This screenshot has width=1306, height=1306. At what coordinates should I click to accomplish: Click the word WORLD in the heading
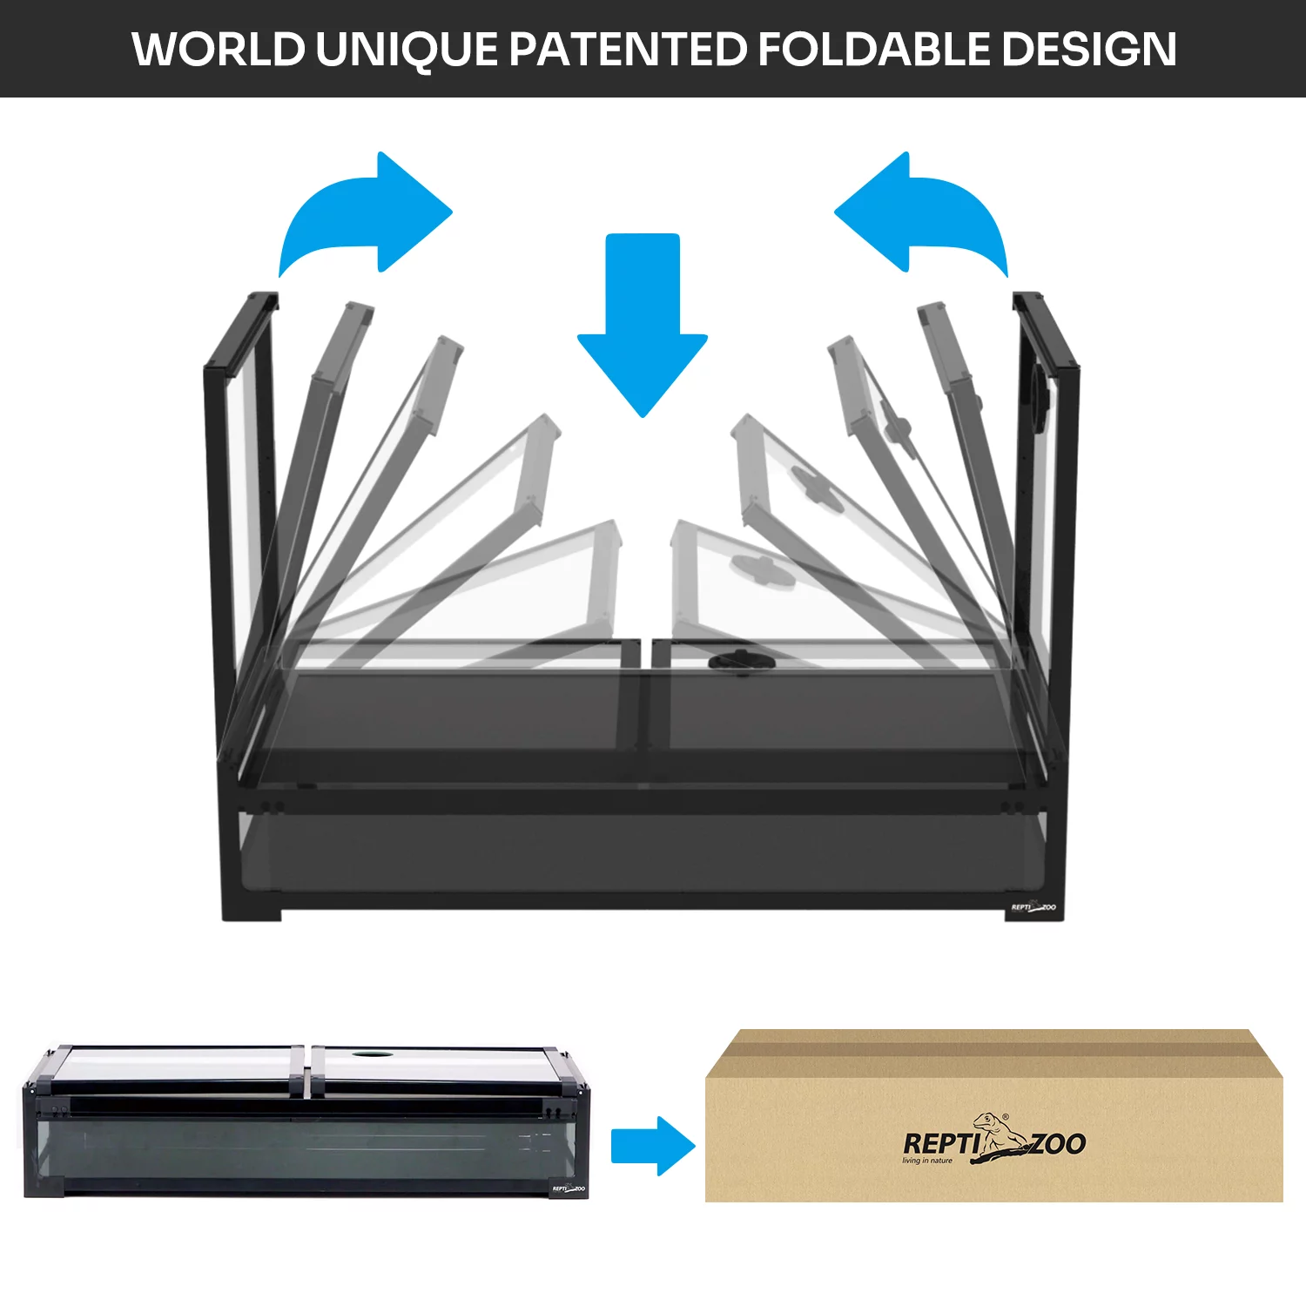(218, 49)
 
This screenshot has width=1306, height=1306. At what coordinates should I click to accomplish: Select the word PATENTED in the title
(627, 49)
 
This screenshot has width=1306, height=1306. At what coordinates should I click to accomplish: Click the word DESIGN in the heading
(1088, 49)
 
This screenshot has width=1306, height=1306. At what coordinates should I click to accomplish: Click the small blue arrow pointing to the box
(651, 1146)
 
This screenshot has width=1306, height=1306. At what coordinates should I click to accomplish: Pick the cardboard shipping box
(993, 1123)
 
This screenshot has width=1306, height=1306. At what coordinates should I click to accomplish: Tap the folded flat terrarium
(305, 1123)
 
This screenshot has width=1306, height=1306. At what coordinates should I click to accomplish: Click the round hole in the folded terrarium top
(373, 1054)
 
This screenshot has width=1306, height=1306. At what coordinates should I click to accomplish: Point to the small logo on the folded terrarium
(569, 1188)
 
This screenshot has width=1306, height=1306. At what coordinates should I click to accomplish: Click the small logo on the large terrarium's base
(1033, 908)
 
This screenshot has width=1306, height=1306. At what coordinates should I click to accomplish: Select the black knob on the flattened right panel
(740, 662)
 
